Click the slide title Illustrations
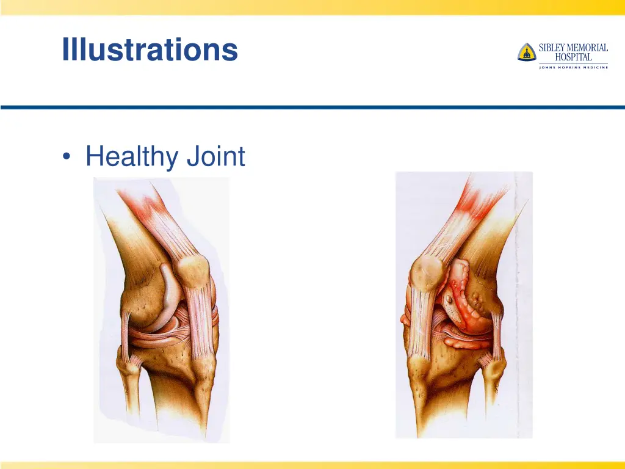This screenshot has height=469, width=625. pyautogui.click(x=150, y=49)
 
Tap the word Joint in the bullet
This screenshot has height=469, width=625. pyautogui.click(x=215, y=156)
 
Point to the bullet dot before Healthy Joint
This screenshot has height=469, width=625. pyautogui.click(x=66, y=158)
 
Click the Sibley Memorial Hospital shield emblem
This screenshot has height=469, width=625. pyautogui.click(x=526, y=53)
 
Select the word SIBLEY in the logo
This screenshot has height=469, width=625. pyautogui.click(x=552, y=48)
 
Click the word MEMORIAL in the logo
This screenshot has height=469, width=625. pyautogui.click(x=587, y=48)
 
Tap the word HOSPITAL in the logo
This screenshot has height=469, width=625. pyautogui.click(x=573, y=57)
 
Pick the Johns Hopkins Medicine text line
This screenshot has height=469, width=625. pyautogui.click(x=573, y=67)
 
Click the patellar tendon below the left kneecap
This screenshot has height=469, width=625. pyautogui.click(x=201, y=324)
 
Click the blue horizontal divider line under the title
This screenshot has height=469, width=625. pyautogui.click(x=312, y=107)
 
